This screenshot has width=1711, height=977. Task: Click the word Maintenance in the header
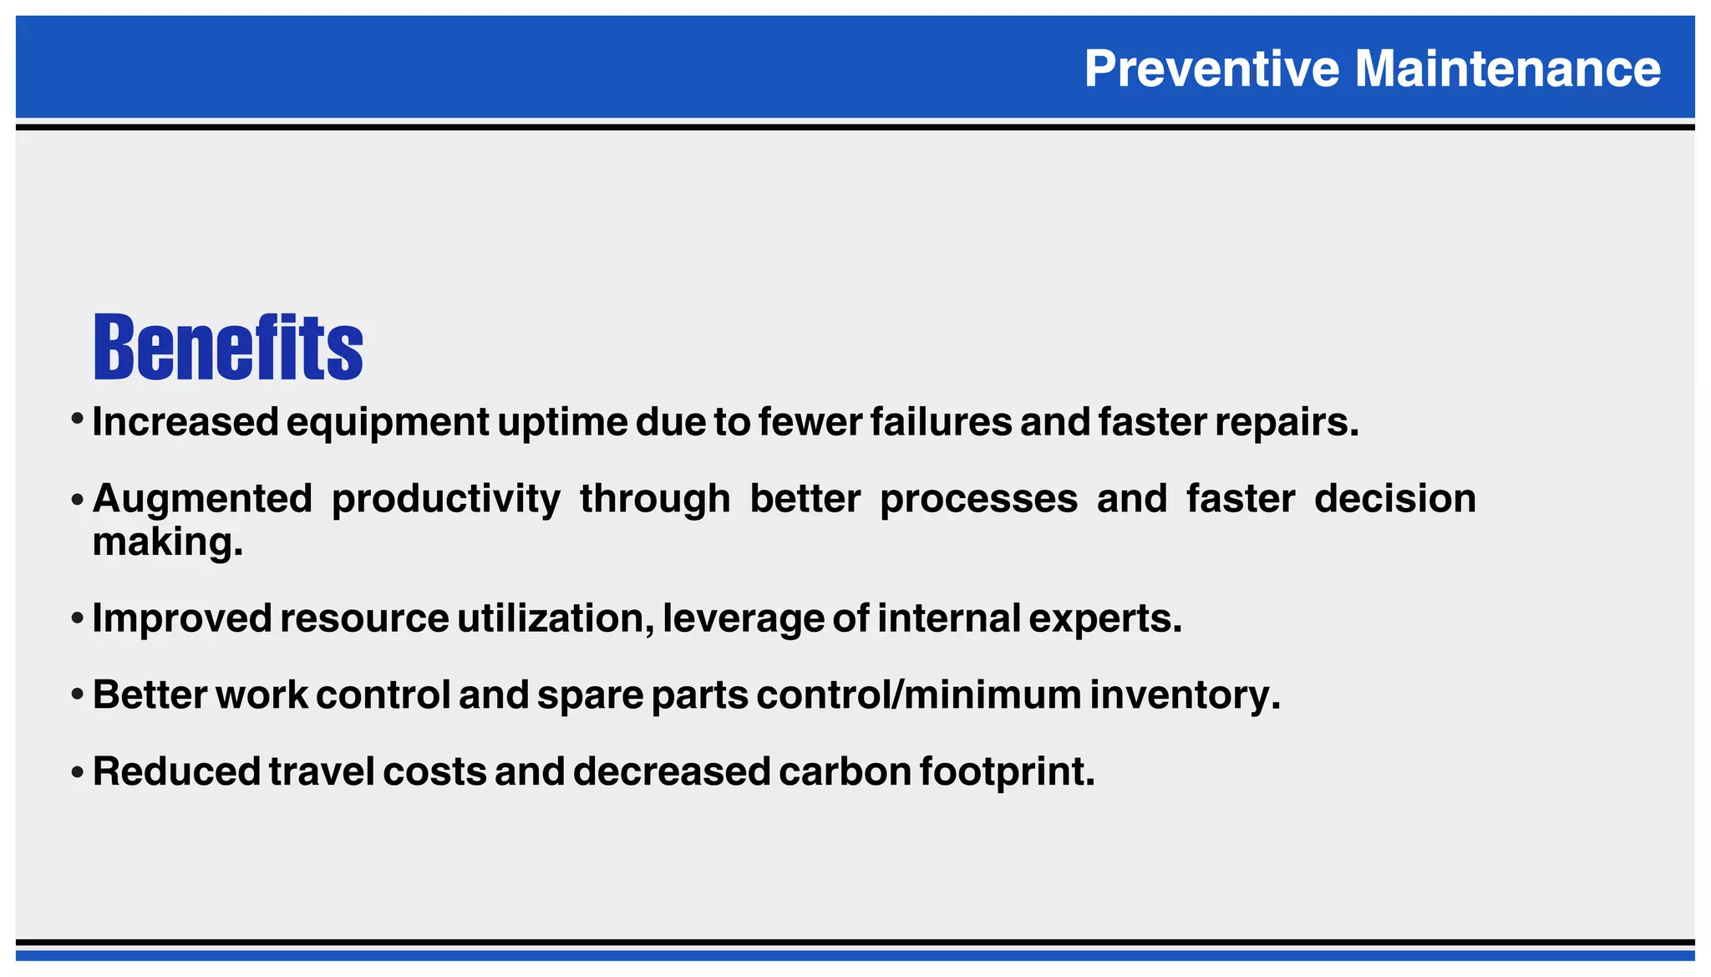(x=1507, y=69)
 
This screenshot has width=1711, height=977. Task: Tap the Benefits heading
(x=228, y=347)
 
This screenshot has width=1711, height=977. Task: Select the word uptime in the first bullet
(x=563, y=422)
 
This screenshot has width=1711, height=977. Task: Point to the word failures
(x=941, y=421)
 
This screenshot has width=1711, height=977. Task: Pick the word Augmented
(x=202, y=500)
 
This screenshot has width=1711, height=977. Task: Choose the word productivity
(x=446, y=500)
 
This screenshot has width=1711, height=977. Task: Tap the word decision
(x=1394, y=499)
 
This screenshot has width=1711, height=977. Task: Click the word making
(x=167, y=542)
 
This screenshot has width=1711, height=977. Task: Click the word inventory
(x=1184, y=695)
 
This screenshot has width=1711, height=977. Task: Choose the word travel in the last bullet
(x=322, y=771)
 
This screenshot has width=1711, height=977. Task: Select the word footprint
(x=1007, y=772)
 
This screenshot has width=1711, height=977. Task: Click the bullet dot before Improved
(x=78, y=619)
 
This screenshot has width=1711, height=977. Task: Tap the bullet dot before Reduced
(x=78, y=772)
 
